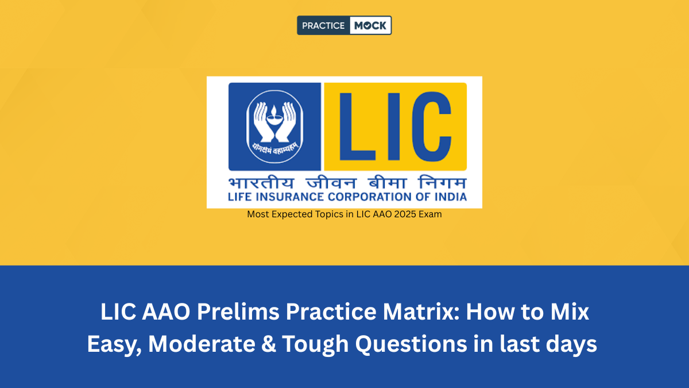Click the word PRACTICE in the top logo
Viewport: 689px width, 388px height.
pos(323,25)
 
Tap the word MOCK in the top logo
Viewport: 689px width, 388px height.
pos(370,25)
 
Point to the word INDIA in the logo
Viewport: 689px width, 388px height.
pos(449,197)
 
